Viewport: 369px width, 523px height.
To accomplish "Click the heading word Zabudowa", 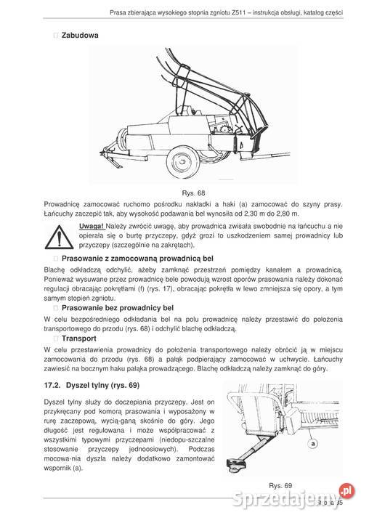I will pos(80,34).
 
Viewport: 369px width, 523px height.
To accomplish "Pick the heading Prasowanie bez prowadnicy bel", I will pos(119,308).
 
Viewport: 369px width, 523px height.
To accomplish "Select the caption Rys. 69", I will pos(279,485).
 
